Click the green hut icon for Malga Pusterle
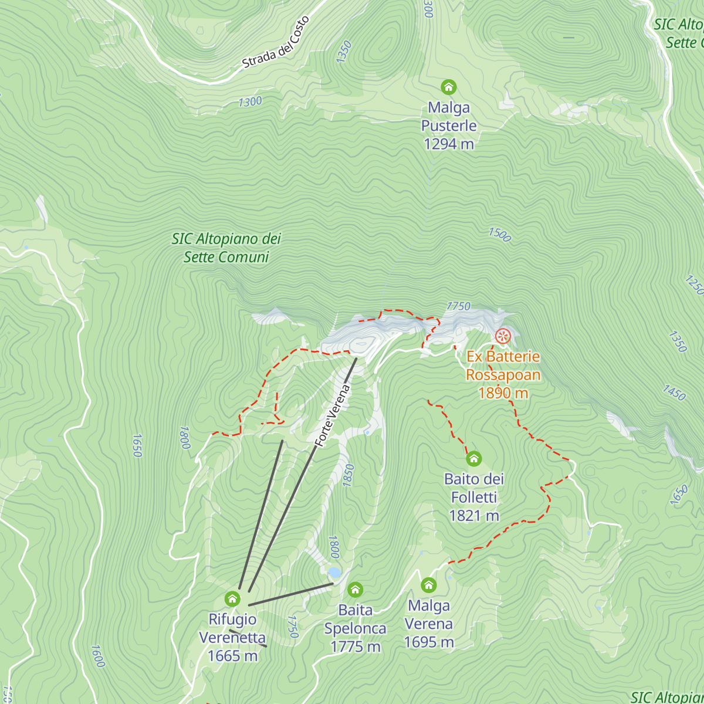pos(449,87)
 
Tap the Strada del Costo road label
pos(276,43)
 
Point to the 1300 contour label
pos(250,102)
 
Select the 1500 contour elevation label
pos(500,235)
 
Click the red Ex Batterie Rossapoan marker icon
pos(503,336)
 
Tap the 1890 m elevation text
pos(503,393)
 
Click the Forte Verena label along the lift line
pos(332,415)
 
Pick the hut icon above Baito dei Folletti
pos(474,458)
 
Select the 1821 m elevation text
pos(474,516)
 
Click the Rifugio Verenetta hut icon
pos(233,599)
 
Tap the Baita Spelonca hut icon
pos(355,590)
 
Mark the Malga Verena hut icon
pos(429,585)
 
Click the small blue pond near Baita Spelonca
pos(334,572)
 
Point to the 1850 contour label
pos(348,475)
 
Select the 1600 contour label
pos(98,656)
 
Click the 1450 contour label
pos(674,392)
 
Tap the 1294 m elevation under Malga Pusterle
pos(449,144)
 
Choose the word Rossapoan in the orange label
pos(503,375)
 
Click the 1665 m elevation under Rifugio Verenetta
pos(233,656)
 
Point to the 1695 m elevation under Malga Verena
pos(429,642)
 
